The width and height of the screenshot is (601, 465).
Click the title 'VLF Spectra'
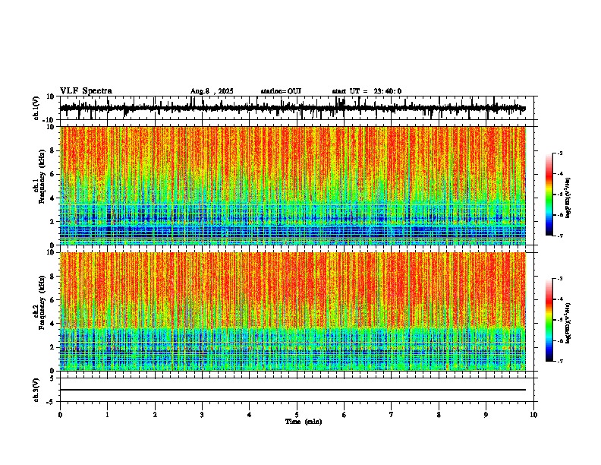click(86, 91)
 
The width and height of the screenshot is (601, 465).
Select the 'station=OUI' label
click(281, 91)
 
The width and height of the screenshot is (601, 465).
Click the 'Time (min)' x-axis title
click(303, 422)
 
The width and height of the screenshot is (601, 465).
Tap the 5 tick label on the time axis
click(297, 415)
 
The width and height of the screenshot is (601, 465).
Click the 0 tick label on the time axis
click(60, 415)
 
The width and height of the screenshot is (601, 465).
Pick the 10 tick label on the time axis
click(533, 415)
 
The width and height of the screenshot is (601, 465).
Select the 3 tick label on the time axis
click(202, 415)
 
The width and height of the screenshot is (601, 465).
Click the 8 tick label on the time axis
click(439, 415)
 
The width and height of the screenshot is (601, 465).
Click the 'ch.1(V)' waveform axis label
click(36, 109)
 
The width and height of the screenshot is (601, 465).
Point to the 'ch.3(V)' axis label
click(36, 389)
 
